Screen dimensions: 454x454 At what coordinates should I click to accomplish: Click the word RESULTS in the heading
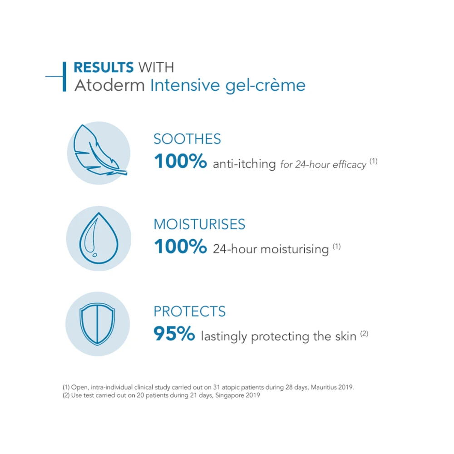[x=104, y=68]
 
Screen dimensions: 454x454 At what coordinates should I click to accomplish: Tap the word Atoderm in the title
[x=109, y=85]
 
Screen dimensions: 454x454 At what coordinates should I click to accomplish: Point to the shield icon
[x=97, y=324]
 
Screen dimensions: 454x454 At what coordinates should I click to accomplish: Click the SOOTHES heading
[x=187, y=139]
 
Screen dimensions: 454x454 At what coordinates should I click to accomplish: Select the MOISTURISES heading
[x=199, y=224]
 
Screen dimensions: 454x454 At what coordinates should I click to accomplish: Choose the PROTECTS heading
[x=189, y=311]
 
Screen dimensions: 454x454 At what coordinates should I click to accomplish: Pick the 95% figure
[x=174, y=335]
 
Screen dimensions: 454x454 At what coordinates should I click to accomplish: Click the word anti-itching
[x=244, y=164]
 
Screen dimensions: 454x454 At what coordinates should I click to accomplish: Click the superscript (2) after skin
[x=364, y=334]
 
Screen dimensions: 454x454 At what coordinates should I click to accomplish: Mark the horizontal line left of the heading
[x=54, y=76]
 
